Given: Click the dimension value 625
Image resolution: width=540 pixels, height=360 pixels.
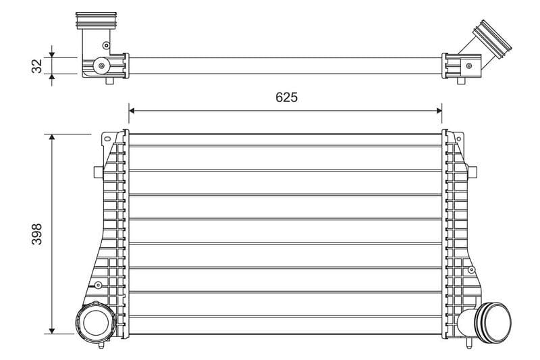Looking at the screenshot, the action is (286, 97).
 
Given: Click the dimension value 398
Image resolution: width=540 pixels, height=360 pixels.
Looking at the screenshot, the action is (37, 234).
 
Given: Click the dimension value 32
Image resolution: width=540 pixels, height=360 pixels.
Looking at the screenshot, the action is (37, 66).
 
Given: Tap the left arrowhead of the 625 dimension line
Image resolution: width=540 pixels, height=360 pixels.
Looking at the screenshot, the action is (132, 111).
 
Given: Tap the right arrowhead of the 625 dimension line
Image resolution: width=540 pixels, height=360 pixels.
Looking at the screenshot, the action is (439, 111).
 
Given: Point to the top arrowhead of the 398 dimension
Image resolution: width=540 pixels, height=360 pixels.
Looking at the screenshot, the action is (52, 136).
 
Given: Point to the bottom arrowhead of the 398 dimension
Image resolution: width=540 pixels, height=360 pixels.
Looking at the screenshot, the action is (52, 331).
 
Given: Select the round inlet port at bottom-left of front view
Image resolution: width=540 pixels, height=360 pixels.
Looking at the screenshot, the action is (96, 322).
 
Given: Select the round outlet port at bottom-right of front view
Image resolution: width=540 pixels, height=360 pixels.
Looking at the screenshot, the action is (493, 322).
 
